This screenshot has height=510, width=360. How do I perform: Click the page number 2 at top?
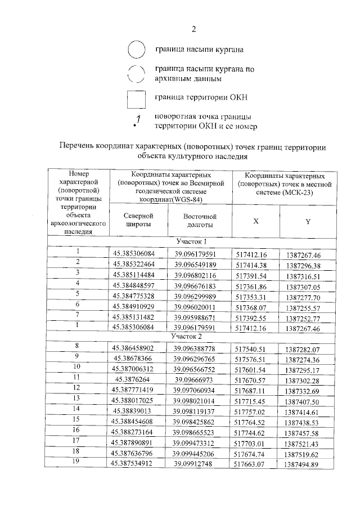pyautogui.click(x=193, y=29)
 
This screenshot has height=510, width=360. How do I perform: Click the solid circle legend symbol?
pyautogui.click(x=137, y=50)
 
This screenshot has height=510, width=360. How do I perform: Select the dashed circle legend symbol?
pyautogui.click(x=137, y=74)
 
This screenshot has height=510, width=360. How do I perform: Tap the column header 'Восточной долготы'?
pyautogui.click(x=200, y=221)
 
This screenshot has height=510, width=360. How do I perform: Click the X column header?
pyautogui.click(x=256, y=221)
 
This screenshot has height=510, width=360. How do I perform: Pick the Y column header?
pyautogui.click(x=308, y=221)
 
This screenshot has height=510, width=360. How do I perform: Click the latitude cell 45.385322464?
pyautogui.click(x=137, y=265)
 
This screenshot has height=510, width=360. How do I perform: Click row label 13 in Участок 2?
pyautogui.click(x=77, y=399)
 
